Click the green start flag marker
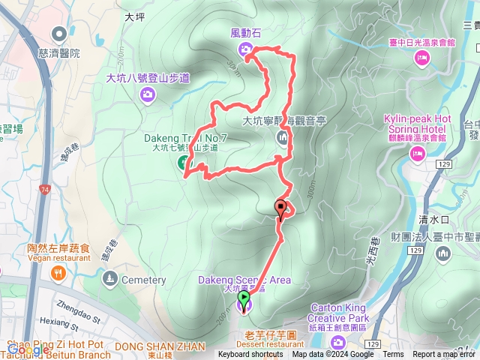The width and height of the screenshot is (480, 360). (x=244, y=300)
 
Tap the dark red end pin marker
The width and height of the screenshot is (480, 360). (x=281, y=209)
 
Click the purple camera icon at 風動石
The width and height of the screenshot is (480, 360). (x=246, y=49)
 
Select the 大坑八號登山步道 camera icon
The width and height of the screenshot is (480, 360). (x=147, y=94)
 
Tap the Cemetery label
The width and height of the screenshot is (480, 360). (x=143, y=280)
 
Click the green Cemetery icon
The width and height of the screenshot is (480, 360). (x=111, y=280)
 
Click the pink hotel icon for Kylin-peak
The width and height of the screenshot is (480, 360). (x=416, y=153)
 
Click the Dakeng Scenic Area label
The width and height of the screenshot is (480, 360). (x=244, y=280)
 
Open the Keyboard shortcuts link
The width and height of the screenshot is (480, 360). (x=250, y=355)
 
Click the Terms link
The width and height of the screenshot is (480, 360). (x=393, y=355)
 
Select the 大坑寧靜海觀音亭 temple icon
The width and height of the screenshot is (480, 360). (x=283, y=137)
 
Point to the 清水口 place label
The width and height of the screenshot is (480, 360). (x=433, y=220)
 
